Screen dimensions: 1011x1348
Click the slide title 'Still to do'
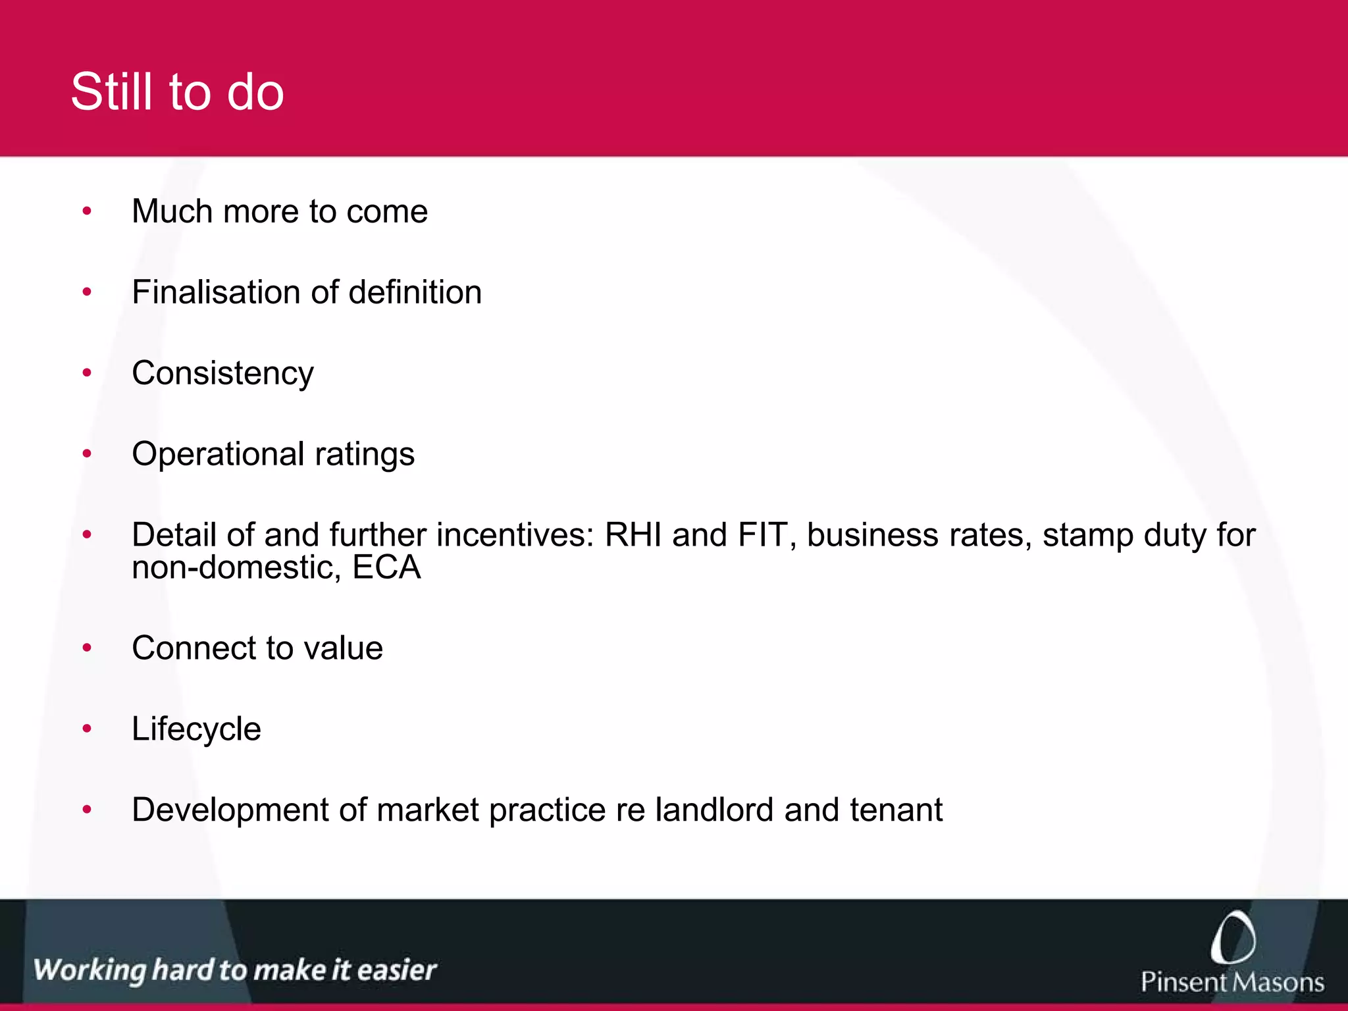[177, 91]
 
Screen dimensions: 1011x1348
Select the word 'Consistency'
[222, 374]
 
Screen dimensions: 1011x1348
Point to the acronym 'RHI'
[633, 534]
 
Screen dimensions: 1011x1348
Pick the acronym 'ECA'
[386, 567]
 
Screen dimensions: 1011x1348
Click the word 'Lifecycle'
[196, 729]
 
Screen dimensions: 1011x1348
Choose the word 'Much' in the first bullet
[172, 212]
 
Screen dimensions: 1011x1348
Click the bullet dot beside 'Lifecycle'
[87, 729]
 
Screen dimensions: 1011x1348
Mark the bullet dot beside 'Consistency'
[87, 373]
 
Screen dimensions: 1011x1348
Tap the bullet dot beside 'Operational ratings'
[87, 454]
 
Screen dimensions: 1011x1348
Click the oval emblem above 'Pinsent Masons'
[1232, 937]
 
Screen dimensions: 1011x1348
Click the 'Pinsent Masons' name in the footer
[1232, 982]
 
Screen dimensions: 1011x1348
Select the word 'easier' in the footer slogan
[397, 970]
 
